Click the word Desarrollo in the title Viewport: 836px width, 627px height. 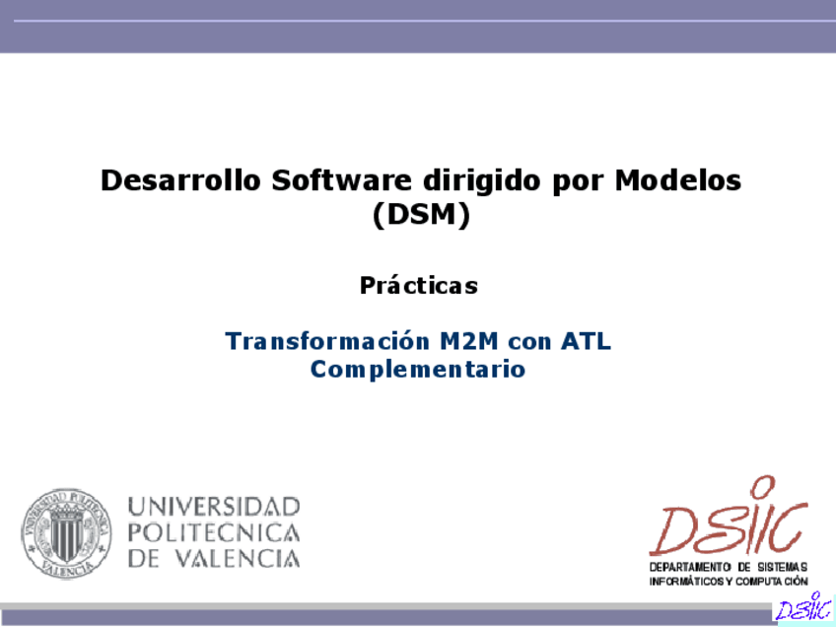pyautogui.click(x=180, y=179)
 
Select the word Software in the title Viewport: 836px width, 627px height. pyautogui.click(x=341, y=179)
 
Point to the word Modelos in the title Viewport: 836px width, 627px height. pyautogui.click(x=677, y=179)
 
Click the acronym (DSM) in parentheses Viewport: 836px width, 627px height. pyautogui.click(x=421, y=215)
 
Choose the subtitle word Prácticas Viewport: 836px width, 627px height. pyautogui.click(x=419, y=285)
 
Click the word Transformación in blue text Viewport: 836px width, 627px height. pyautogui.click(x=327, y=340)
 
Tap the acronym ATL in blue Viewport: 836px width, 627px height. pyautogui.click(x=586, y=341)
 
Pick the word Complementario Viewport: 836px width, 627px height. pyautogui.click(x=418, y=370)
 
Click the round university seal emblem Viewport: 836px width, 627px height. pyautogui.click(x=66, y=533)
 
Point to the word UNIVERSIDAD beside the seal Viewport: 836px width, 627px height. pyautogui.click(x=214, y=507)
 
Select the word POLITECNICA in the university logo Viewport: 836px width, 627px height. pyautogui.click(x=214, y=532)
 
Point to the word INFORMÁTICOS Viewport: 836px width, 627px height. pyautogui.click(x=687, y=581)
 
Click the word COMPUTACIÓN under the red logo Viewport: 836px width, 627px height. pyautogui.click(x=772, y=581)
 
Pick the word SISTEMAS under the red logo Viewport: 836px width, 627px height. pyautogui.click(x=783, y=567)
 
